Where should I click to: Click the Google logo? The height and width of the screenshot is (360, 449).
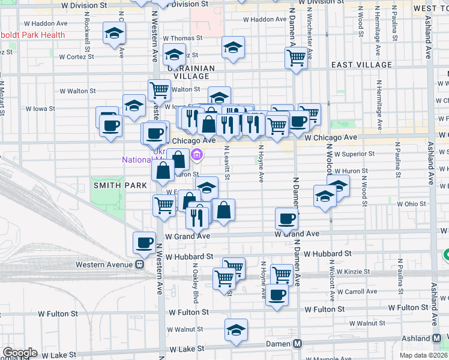coord(20,353)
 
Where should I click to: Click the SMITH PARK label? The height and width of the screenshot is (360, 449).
coord(116,185)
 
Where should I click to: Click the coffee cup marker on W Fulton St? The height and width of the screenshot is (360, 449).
coord(277,295)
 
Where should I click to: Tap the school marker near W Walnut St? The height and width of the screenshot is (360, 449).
coord(236,329)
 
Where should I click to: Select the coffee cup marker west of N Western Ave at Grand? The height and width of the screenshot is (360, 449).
coord(144,242)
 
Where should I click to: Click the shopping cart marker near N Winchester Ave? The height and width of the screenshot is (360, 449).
coord(297,58)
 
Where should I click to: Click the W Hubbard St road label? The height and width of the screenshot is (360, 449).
coord(189,256)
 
